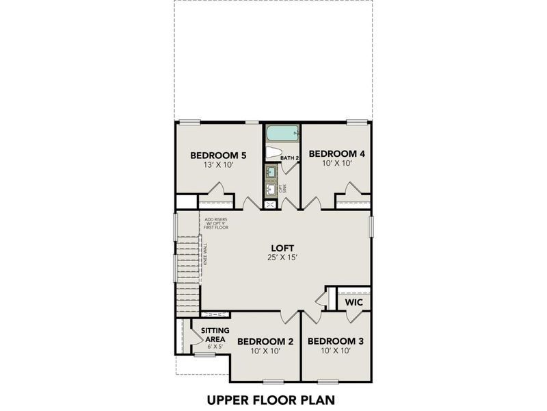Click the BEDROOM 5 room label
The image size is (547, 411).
(x=218, y=154)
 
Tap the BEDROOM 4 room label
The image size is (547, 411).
(x=336, y=153)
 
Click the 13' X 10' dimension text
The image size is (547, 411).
(x=218, y=164)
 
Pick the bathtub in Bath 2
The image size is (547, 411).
(x=282, y=132)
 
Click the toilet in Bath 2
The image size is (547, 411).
(x=275, y=153)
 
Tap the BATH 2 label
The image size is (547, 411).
(x=290, y=158)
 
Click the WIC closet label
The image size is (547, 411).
(x=353, y=302)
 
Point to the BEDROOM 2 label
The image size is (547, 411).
(x=265, y=340)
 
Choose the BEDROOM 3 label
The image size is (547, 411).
(x=336, y=340)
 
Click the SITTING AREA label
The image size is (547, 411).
(x=215, y=334)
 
